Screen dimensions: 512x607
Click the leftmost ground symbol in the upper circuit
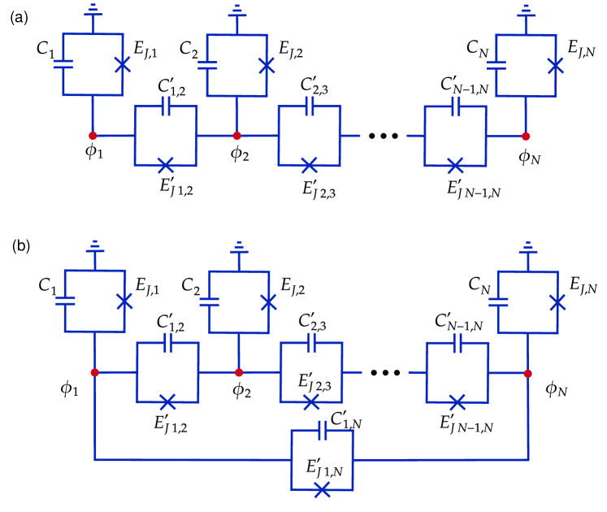[x=93, y=11]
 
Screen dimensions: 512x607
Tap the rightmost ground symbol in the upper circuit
[x=526, y=11]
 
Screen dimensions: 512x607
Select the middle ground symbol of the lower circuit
[x=239, y=246]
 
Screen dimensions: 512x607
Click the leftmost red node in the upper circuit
[x=93, y=136]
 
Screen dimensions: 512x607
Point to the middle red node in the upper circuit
[x=236, y=136]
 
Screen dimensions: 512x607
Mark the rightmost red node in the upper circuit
[x=526, y=137]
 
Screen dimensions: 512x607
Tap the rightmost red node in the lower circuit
[x=527, y=374]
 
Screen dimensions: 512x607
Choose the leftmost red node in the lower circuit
[x=94, y=372]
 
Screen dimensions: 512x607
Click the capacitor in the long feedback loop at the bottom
[x=323, y=430]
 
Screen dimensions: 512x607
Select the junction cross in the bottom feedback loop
[x=322, y=489]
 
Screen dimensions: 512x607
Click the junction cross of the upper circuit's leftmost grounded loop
[x=123, y=64]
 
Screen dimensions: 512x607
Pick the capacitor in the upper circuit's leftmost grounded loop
[x=63, y=64]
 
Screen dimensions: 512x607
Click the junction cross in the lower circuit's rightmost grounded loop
[x=557, y=302]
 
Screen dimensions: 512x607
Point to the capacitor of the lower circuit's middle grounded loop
[x=209, y=302]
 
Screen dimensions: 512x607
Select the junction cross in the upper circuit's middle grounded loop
[x=267, y=66]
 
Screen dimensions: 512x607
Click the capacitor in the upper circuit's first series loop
[x=166, y=106]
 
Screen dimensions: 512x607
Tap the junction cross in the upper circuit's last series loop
[x=455, y=166]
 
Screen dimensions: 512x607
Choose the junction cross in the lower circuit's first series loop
[x=167, y=401]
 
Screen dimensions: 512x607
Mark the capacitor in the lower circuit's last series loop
[x=457, y=343]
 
